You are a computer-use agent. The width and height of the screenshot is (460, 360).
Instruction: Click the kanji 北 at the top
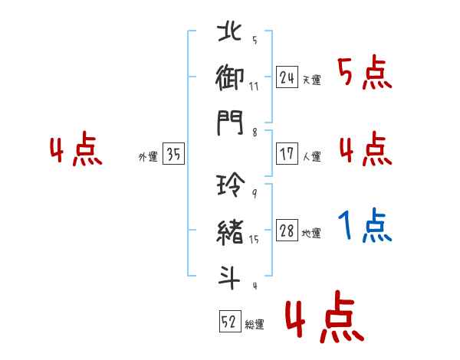click(229, 31)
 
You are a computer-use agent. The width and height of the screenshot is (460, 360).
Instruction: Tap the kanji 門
click(230, 123)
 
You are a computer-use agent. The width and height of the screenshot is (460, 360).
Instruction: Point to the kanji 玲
click(231, 184)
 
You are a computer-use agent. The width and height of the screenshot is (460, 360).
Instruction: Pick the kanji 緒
click(230, 232)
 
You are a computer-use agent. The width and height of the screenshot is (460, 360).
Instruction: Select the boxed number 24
click(287, 77)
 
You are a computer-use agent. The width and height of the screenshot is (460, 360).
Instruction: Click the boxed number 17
click(287, 154)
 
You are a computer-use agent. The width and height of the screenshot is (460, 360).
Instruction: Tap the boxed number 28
click(287, 230)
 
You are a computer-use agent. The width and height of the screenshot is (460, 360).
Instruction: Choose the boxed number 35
click(173, 153)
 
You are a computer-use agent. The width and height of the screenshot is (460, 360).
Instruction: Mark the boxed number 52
click(230, 321)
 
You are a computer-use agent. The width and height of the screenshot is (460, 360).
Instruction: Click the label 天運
click(312, 80)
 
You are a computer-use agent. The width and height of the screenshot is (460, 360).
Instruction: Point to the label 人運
click(312, 156)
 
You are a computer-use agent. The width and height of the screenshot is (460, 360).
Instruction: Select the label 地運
click(311, 234)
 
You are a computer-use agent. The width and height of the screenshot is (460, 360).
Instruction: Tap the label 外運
click(148, 157)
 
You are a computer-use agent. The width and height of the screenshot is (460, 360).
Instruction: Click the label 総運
click(255, 325)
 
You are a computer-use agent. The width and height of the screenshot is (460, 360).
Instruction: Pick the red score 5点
click(365, 72)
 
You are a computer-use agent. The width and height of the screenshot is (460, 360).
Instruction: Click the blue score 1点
click(365, 225)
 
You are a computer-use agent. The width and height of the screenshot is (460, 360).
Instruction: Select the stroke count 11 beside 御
click(254, 87)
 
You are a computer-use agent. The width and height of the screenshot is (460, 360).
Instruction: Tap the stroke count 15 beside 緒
click(254, 240)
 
